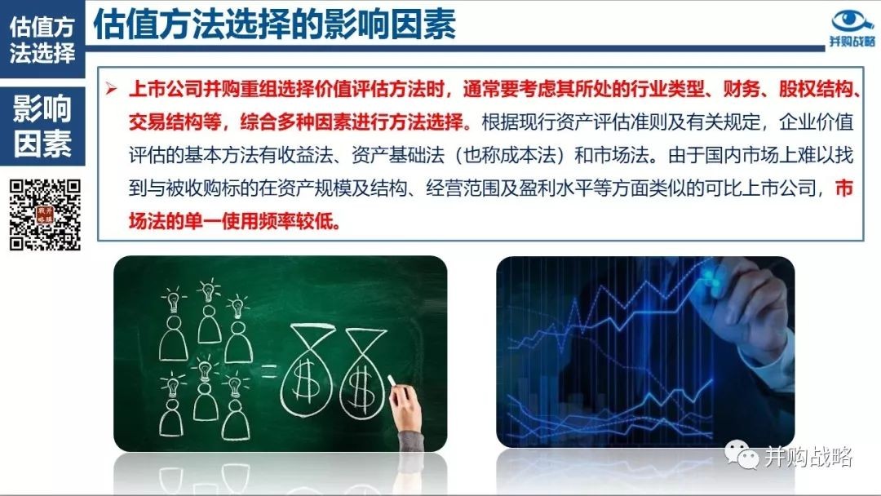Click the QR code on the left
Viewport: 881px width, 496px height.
[45, 215]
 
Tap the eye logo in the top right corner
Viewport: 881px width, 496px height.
[852, 21]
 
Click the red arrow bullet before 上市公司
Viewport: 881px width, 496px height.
[111, 89]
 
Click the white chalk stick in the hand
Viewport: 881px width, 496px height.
[392, 382]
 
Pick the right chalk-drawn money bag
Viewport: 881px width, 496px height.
[363, 374]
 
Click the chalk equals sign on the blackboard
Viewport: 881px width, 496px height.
[268, 370]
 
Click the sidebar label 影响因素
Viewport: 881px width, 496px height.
[42, 126]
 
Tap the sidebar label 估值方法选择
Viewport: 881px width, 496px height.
[42, 39]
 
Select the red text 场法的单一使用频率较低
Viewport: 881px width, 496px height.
[235, 221]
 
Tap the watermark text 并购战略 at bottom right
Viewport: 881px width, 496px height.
[808, 457]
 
